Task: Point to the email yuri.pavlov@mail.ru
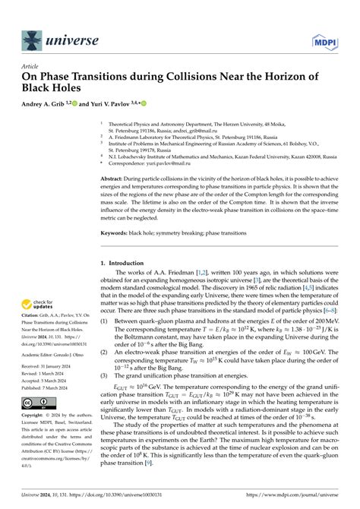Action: (x=163, y=162)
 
